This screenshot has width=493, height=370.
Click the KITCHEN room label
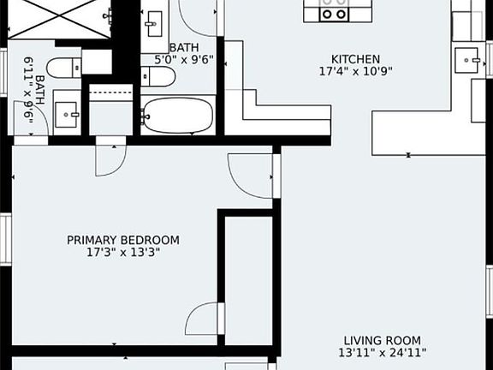[x=355, y=59]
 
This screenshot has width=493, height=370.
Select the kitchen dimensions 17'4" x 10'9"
[x=355, y=71]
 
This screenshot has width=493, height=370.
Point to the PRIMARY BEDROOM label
[x=123, y=240]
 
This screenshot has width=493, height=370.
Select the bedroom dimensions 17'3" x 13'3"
[x=123, y=253]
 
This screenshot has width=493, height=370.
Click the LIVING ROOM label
[x=383, y=340]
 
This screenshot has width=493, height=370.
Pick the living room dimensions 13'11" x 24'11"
[x=383, y=353]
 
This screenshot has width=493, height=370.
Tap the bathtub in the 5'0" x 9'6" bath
[x=178, y=115]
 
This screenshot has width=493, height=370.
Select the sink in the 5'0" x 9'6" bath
[x=155, y=21]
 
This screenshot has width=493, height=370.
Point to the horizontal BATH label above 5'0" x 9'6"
[x=183, y=48]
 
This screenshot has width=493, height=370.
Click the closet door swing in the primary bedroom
[x=204, y=319]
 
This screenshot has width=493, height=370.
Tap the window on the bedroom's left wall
[x=4, y=240]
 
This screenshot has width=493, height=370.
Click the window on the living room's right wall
[x=489, y=291]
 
